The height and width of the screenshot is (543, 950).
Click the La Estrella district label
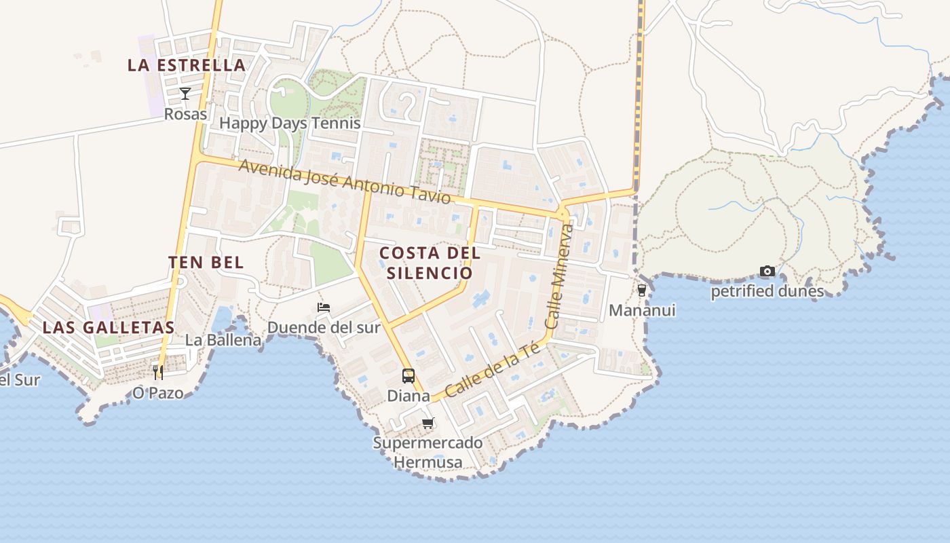(x=187, y=65)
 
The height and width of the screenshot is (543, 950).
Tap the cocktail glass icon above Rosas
(x=185, y=93)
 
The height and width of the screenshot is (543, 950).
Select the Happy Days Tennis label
(x=290, y=124)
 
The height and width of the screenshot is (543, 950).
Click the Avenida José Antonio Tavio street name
(x=344, y=181)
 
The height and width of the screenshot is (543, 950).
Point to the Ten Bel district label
(x=206, y=263)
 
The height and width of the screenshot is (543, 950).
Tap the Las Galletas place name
(x=109, y=327)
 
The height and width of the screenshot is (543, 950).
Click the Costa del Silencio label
(x=430, y=263)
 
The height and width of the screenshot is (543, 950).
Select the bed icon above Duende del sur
(x=324, y=307)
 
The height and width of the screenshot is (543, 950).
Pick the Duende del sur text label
(x=324, y=328)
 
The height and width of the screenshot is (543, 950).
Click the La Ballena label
(x=223, y=340)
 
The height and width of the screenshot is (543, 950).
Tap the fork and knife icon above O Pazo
(x=158, y=372)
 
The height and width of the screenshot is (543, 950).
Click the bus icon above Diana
(x=408, y=375)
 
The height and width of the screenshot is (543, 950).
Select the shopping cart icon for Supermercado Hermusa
(x=427, y=424)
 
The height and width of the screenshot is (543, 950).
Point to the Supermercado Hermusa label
(x=428, y=453)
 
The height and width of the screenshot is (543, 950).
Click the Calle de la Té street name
(x=493, y=371)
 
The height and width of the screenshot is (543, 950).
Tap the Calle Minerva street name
(x=560, y=277)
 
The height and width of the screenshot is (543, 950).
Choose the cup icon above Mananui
(x=642, y=291)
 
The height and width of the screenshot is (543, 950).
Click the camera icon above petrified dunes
(x=767, y=271)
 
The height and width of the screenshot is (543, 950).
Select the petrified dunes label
(x=767, y=292)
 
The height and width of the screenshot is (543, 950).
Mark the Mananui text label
(x=642, y=311)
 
